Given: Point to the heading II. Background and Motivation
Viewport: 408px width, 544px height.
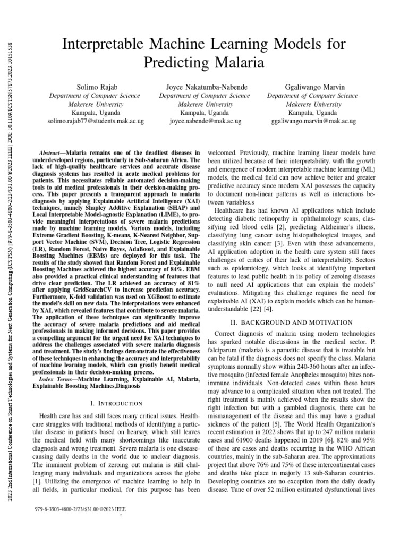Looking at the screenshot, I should [297, 322].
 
